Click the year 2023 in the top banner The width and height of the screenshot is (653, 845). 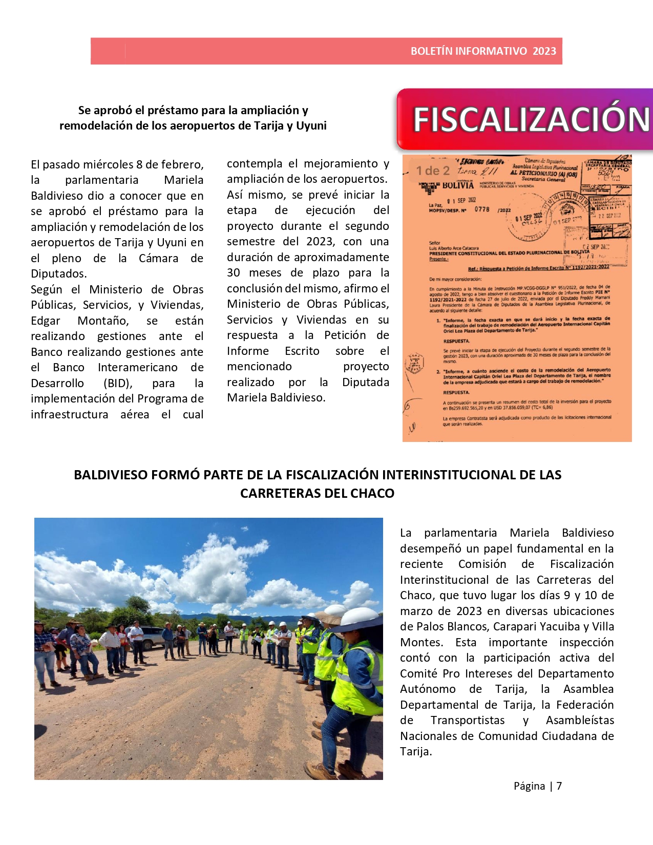tap(544, 51)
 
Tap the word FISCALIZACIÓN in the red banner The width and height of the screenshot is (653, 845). tap(531, 119)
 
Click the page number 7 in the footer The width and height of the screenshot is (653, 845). tap(559, 786)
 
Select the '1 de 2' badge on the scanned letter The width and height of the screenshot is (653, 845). tap(433, 171)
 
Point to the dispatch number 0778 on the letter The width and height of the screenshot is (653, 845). tap(482, 209)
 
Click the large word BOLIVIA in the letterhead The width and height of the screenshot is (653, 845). tap(458, 185)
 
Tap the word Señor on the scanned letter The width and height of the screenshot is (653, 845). tap(435, 243)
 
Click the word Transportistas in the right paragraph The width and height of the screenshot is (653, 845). tap(468, 720)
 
